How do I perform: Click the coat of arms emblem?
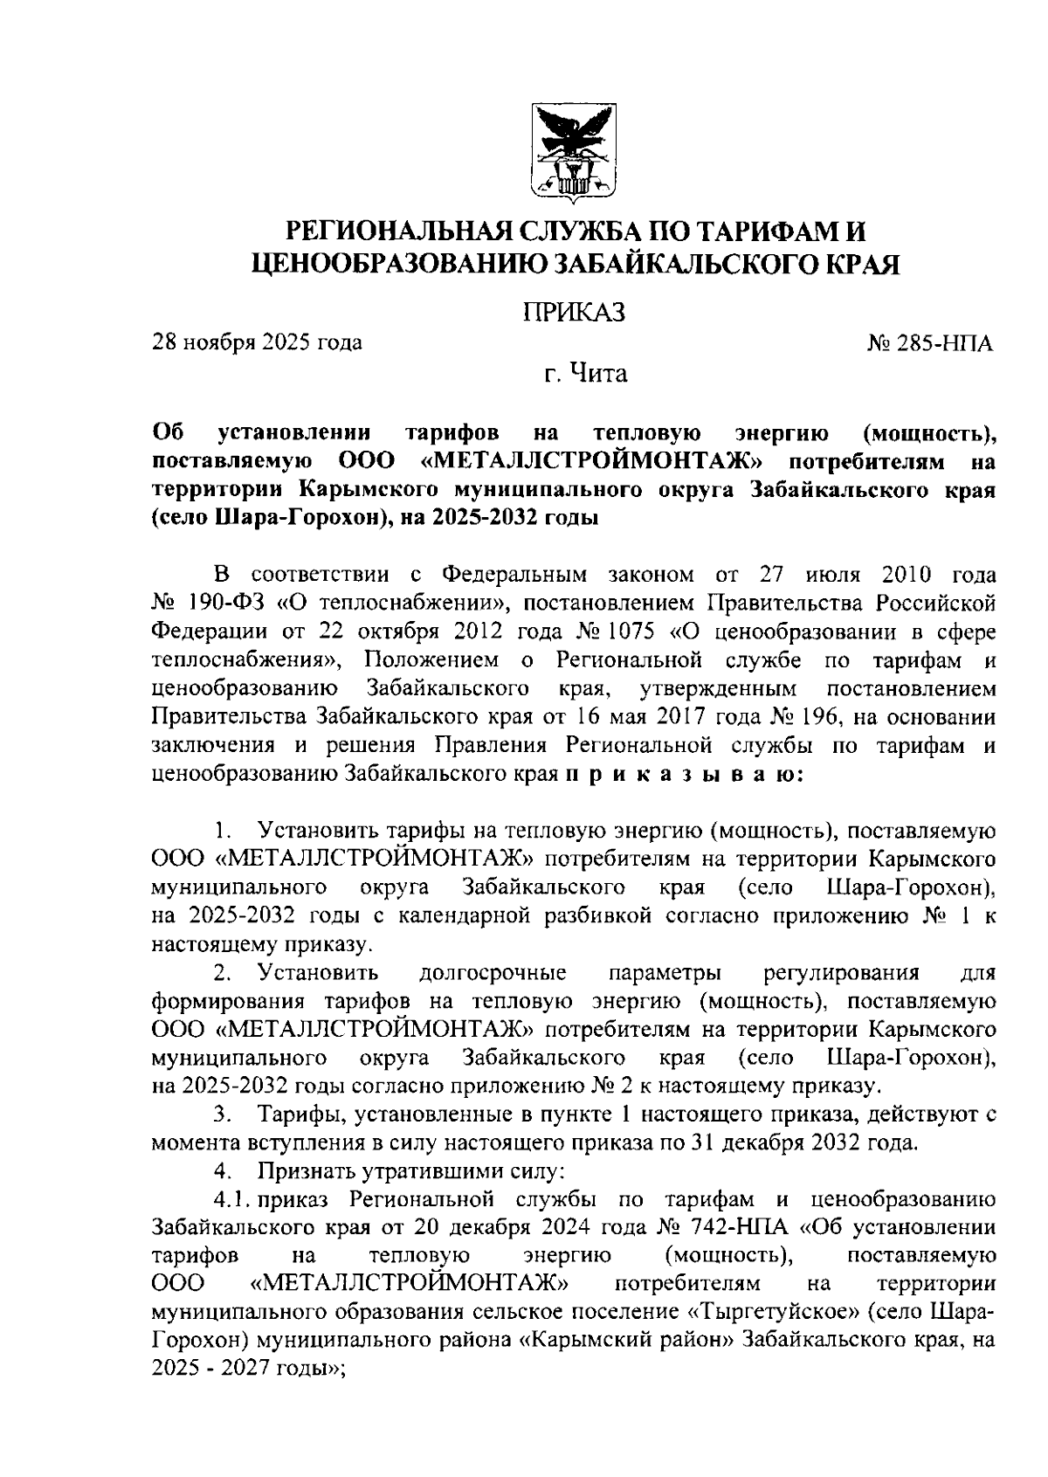575,151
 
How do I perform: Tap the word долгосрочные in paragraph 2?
493,972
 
